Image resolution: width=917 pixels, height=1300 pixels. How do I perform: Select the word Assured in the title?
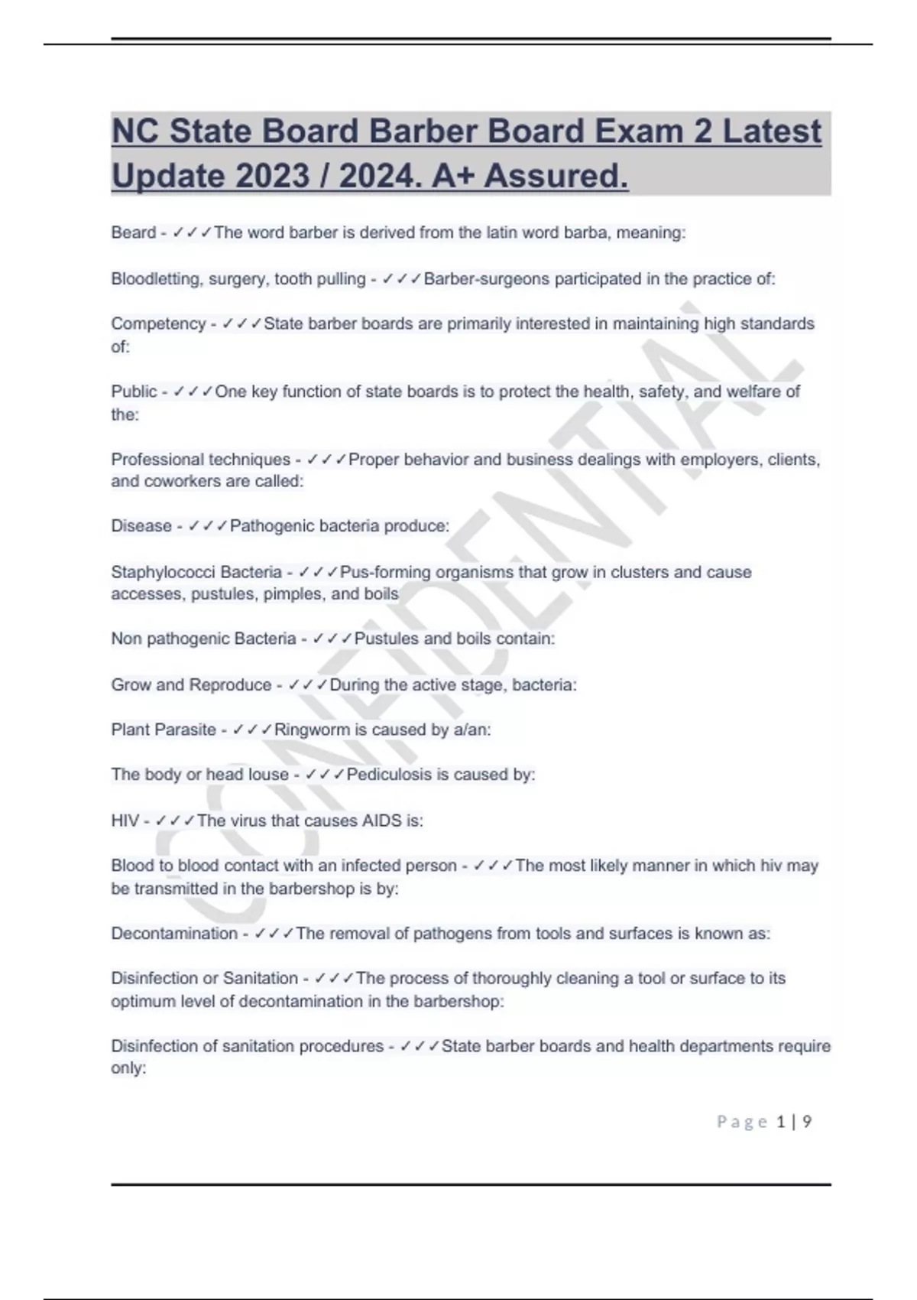pos(556,177)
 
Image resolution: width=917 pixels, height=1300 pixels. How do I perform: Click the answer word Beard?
pos(133,232)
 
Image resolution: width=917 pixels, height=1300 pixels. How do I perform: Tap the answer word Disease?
pos(141,526)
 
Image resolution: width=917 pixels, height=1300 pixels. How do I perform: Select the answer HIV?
pos(125,821)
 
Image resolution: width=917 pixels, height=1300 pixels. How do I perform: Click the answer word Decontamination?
pos(174,934)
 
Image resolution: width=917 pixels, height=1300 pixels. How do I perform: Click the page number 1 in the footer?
pos(780,1122)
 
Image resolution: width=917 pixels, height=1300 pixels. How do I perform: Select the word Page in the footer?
pos(742,1122)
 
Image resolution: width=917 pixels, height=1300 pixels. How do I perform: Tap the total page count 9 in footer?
pos(807,1122)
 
